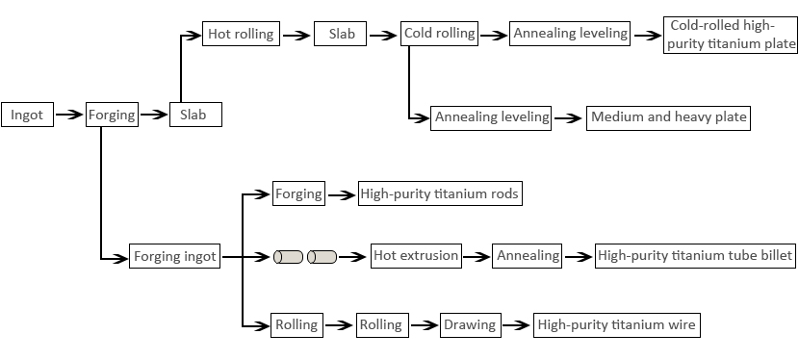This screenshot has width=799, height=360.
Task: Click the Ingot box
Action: [27, 115]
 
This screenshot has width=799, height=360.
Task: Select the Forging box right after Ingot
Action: [112, 115]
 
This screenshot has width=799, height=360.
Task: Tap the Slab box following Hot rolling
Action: [342, 34]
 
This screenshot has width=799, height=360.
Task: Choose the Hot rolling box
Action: [241, 34]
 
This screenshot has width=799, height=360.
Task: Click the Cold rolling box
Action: [440, 34]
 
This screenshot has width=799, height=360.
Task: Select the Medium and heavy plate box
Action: [668, 117]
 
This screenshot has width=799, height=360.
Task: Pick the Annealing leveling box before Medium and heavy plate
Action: [492, 117]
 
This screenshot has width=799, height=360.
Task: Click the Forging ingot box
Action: [174, 256]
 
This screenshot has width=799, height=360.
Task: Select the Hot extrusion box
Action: [415, 256]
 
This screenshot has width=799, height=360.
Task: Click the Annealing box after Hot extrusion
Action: [528, 256]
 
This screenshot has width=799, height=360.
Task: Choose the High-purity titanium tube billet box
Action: [694, 256]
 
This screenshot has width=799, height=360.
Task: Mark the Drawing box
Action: [470, 324]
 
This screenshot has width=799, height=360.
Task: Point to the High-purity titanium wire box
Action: [615, 324]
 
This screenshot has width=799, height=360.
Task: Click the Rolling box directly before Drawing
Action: [381, 324]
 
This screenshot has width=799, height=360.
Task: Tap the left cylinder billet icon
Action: [288, 257]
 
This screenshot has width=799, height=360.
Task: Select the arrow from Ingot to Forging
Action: [69, 115]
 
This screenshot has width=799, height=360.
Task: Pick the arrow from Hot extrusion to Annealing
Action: [477, 256]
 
